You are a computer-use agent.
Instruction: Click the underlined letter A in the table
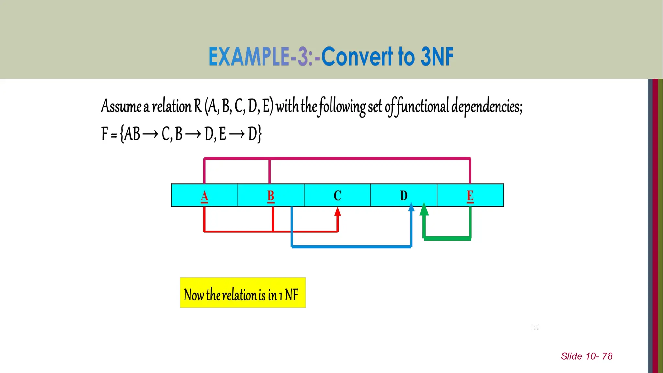tap(204, 196)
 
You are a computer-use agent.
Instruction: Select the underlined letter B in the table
tap(271, 196)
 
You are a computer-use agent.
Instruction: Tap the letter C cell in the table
tap(337, 196)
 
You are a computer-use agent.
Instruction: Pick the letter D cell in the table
tap(404, 196)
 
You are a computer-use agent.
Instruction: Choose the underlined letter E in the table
tap(470, 196)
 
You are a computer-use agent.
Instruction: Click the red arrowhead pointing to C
tap(338, 212)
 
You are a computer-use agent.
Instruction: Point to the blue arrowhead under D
tap(411, 207)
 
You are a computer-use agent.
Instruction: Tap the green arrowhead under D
tap(424, 209)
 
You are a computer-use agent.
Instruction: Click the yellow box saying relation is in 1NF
tap(242, 293)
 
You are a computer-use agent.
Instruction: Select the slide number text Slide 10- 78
tap(587, 356)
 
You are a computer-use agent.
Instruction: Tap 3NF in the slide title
tap(437, 57)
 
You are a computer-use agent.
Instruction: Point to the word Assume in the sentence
tap(121, 106)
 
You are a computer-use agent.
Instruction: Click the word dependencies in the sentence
tap(487, 106)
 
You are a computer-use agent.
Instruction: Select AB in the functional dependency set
tap(132, 134)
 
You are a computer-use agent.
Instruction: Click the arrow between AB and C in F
tap(151, 134)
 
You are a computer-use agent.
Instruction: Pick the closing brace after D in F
tap(259, 134)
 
